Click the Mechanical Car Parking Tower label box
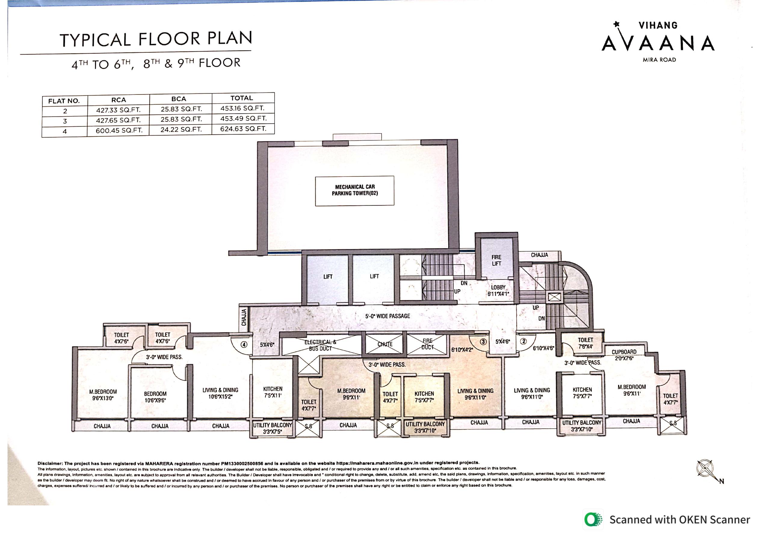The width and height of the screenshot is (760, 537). pyautogui.click(x=354, y=191)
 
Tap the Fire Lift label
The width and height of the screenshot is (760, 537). pyautogui.click(x=496, y=260)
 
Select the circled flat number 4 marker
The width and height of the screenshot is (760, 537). pyautogui.click(x=244, y=344)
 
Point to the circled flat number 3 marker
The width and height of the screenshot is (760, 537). pyautogui.click(x=483, y=341)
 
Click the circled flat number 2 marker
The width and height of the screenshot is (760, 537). pyautogui.click(x=523, y=341)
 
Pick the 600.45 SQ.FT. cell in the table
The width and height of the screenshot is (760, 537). pyautogui.click(x=119, y=131)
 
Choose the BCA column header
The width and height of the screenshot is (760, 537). pyautogui.click(x=179, y=99)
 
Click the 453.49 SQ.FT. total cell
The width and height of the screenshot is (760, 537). pyautogui.click(x=243, y=118)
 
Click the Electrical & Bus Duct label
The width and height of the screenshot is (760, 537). pyautogui.click(x=320, y=345)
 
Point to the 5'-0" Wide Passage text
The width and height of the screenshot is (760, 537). pyautogui.click(x=388, y=316)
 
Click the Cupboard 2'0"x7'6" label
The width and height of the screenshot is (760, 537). pyautogui.click(x=624, y=355)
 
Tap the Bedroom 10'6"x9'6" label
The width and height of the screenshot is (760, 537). pyautogui.click(x=155, y=397)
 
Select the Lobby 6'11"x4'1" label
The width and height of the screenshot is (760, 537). pyautogui.click(x=498, y=290)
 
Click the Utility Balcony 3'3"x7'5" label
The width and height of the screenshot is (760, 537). pyautogui.click(x=272, y=428)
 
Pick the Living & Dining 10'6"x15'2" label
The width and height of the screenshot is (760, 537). pyautogui.click(x=221, y=393)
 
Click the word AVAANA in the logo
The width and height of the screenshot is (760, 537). pyautogui.click(x=658, y=43)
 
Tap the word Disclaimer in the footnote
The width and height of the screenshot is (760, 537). pyautogui.click(x=50, y=463)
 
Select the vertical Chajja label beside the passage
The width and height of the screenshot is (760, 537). pyautogui.click(x=244, y=317)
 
